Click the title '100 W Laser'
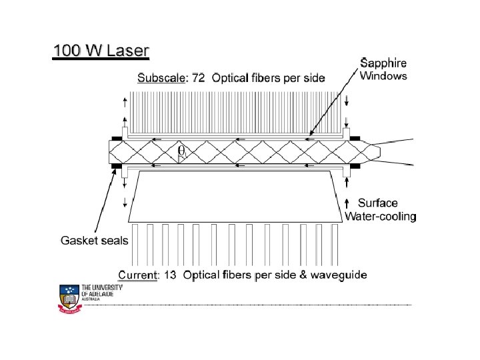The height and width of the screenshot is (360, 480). (101, 51)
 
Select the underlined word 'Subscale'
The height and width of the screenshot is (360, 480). (162, 78)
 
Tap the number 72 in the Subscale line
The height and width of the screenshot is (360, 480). (199, 78)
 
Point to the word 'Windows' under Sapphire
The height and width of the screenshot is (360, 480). (383, 76)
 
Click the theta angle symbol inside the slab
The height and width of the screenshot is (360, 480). (181, 151)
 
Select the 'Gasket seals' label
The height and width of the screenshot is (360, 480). (94, 240)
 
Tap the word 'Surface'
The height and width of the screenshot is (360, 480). (378, 203)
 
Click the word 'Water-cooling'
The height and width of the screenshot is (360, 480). (381, 216)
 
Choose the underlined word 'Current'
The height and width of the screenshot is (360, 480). (137, 275)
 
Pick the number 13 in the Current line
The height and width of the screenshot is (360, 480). (170, 275)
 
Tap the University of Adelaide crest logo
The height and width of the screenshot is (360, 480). (69, 297)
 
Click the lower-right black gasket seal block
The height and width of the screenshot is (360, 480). (354, 165)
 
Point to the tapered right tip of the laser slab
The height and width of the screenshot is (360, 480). (375, 152)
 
